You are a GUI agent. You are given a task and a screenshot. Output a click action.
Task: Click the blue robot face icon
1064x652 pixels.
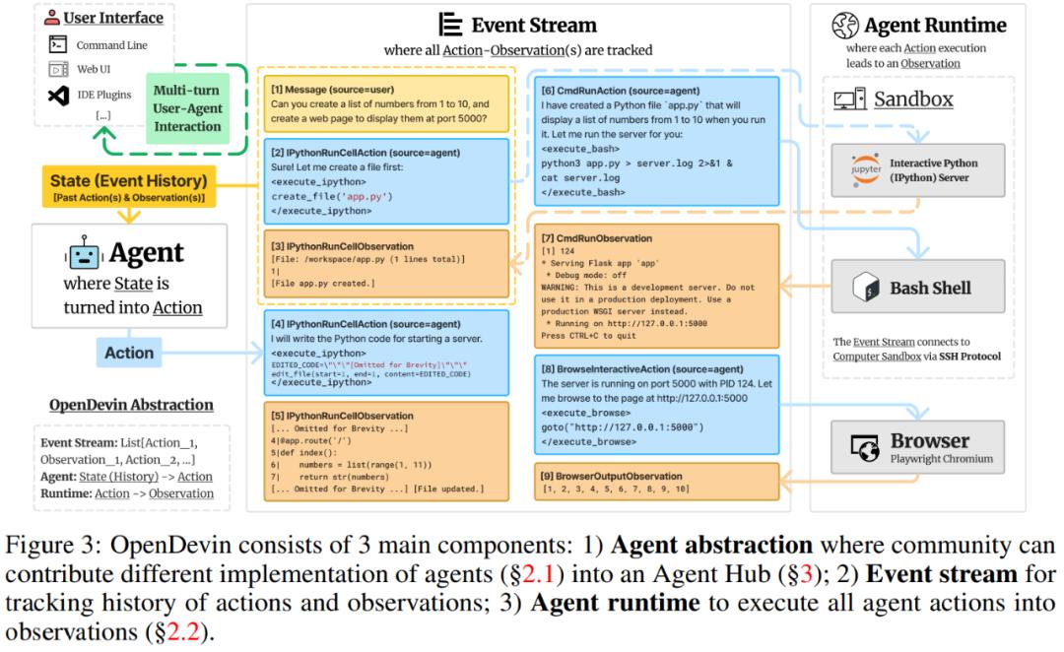pyautogui.click(x=84, y=254)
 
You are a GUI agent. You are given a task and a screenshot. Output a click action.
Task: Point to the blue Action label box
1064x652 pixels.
pyautogui.click(x=129, y=352)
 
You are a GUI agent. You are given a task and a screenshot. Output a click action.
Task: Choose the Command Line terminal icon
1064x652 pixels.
pyautogui.click(x=58, y=44)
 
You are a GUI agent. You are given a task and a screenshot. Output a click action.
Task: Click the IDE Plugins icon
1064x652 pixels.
pyautogui.click(x=58, y=96)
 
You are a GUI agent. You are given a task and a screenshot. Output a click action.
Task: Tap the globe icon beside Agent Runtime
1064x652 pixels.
pyautogui.click(x=844, y=26)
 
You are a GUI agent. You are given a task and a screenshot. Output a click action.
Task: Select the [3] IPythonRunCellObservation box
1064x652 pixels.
pyautogui.click(x=384, y=264)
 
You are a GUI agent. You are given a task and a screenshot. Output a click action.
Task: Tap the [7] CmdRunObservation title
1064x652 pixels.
pyautogui.click(x=597, y=238)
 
